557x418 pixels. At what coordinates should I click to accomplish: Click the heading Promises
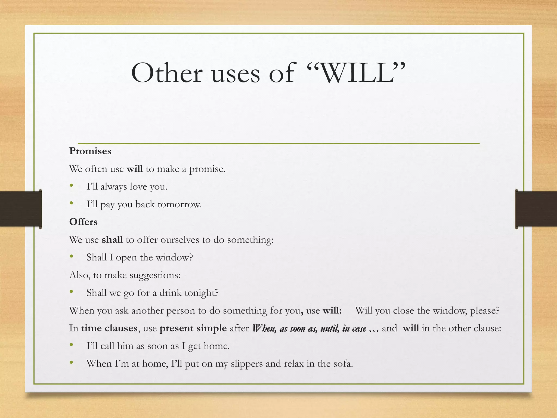(90, 151)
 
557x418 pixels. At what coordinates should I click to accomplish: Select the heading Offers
(83, 222)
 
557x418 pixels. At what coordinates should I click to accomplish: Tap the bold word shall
(112, 240)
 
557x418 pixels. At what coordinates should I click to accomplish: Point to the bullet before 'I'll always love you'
(72, 186)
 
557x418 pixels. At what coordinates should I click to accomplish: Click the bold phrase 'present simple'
(193, 328)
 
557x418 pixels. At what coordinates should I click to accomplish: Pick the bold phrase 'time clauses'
(109, 328)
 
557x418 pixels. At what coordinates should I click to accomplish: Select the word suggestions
(155, 275)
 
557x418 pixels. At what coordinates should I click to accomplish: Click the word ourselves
(180, 240)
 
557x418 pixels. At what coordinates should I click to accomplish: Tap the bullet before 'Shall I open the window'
(72, 257)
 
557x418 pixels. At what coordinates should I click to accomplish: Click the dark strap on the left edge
(20, 209)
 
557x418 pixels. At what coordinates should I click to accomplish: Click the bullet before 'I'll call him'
(72, 345)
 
